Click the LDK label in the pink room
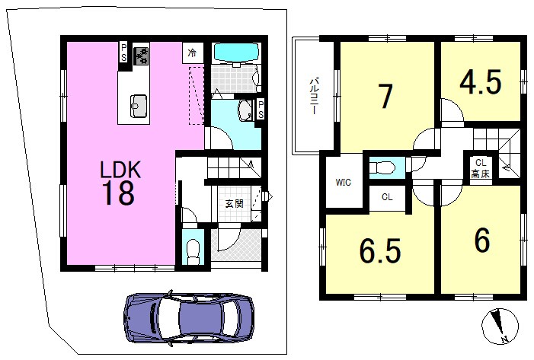(120, 170)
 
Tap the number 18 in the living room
(118, 193)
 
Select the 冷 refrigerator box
(193, 53)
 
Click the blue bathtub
(236, 53)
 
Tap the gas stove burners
(141, 55)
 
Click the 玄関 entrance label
(235, 204)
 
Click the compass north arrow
(499, 325)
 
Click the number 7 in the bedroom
(385, 96)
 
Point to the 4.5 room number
(481, 81)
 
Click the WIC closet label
(343, 183)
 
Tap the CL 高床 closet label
(480, 168)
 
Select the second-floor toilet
(382, 167)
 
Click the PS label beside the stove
(123, 53)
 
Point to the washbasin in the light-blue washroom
(245, 111)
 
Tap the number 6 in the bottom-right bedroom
(482, 240)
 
